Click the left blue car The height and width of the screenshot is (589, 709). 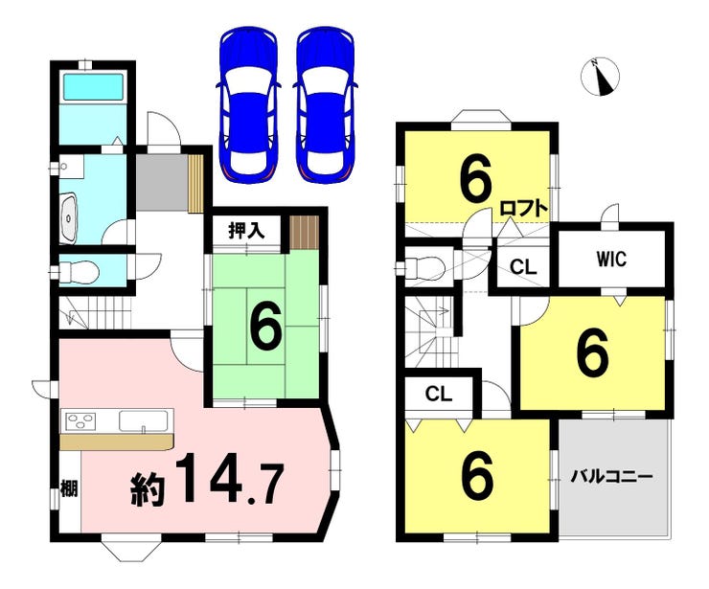248,105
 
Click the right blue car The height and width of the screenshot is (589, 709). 325,105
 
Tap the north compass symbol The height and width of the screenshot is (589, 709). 600,77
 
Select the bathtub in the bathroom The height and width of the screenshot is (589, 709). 93,87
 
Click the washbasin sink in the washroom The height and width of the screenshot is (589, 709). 68,217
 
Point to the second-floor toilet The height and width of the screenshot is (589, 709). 422,268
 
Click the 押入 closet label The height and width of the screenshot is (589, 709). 246,231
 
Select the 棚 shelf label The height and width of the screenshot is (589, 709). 69,488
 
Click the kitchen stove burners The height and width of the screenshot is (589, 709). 81,421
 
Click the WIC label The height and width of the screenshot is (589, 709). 611,259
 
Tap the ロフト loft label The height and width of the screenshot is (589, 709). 524,209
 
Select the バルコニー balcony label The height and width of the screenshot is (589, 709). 611,477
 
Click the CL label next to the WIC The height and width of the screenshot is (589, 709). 523,266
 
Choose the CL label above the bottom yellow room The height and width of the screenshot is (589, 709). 439,395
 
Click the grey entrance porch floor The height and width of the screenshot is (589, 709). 162,183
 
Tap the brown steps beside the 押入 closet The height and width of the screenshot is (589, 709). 305,232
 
